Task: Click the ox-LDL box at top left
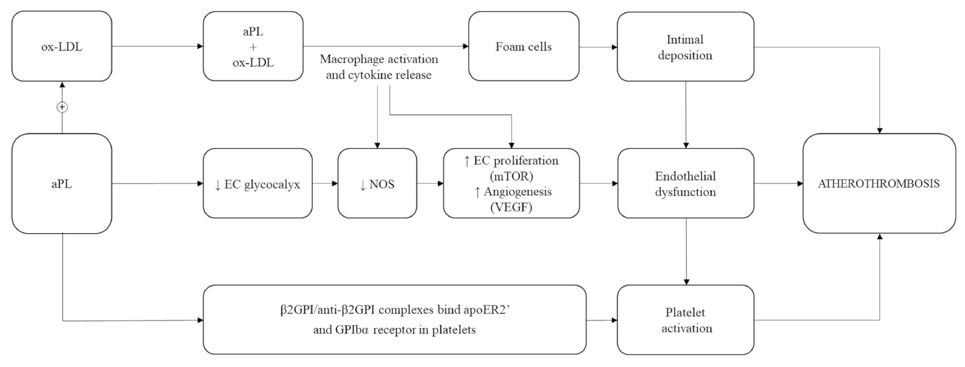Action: pos(62,46)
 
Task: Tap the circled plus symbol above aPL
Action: pos(62,107)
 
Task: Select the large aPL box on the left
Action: pos(62,184)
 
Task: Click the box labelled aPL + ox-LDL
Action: pos(253,46)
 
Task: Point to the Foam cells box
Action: pos(523,46)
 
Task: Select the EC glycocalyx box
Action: pos(257,184)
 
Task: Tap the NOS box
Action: pos(377,184)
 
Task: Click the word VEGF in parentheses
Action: pos(511,207)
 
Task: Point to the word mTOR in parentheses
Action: pos(511,176)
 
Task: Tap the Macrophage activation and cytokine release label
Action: pos(378,67)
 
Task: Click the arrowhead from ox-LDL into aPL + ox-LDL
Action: pos(200,46)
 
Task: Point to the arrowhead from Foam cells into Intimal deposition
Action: pos(614,47)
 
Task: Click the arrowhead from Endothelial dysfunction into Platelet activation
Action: pos(686,282)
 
